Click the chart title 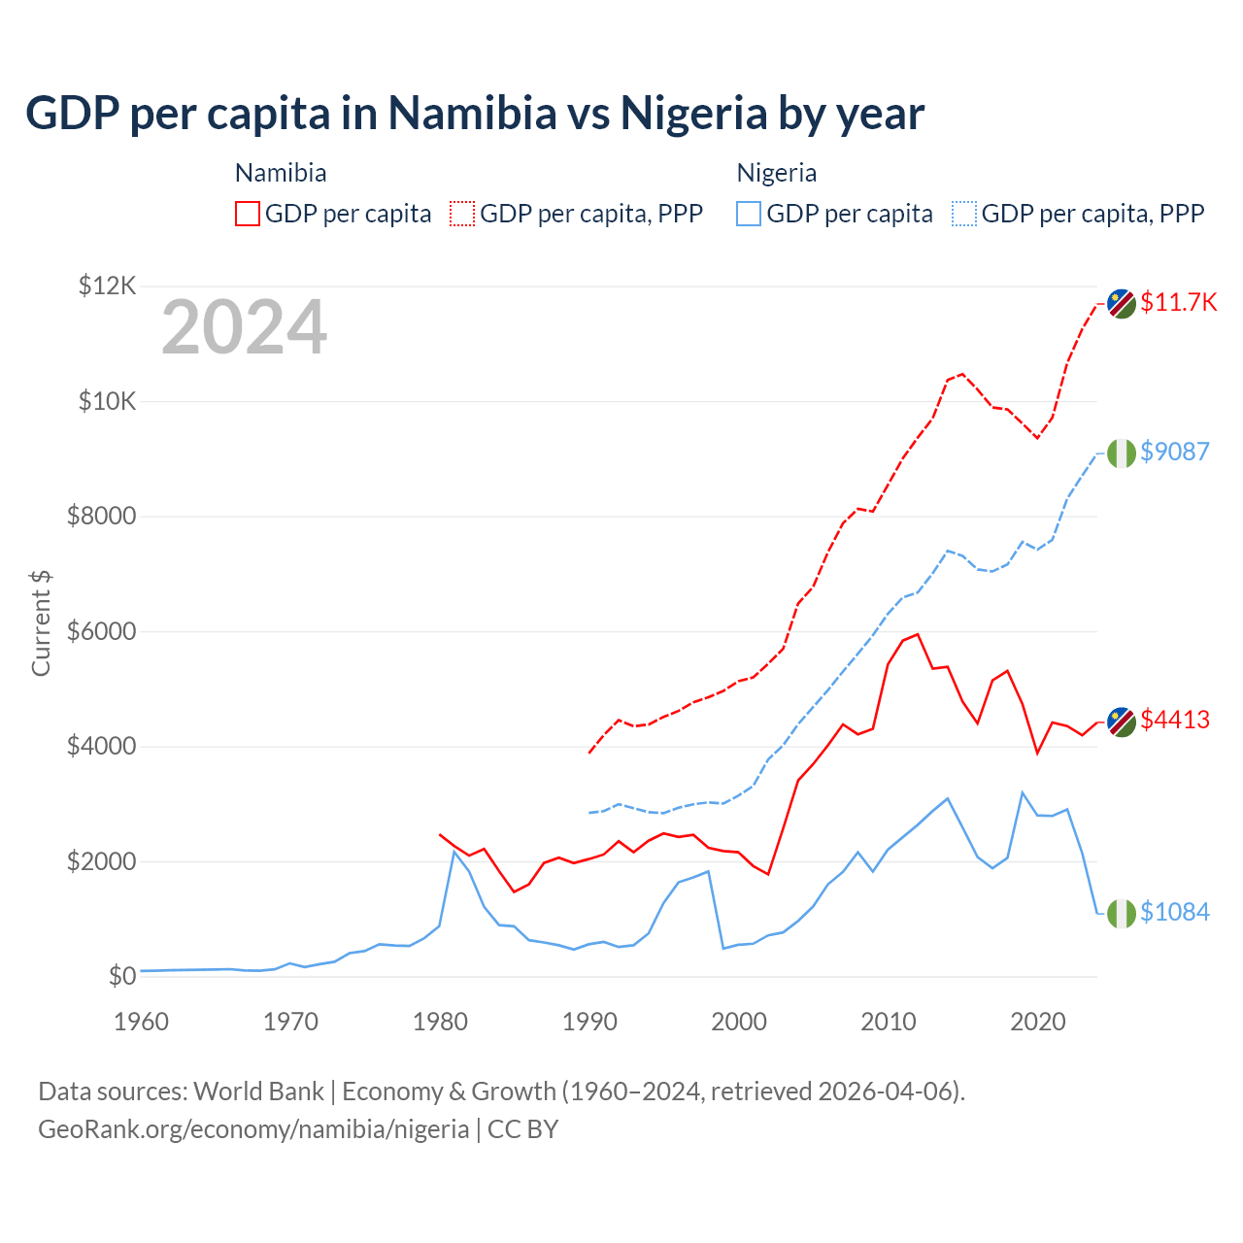(x=475, y=114)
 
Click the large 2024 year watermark (x=244, y=327)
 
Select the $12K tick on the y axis (x=108, y=286)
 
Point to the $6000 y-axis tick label (x=101, y=631)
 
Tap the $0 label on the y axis (x=122, y=976)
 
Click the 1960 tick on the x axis (x=142, y=1022)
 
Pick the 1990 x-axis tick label (x=589, y=1022)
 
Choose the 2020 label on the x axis (x=1038, y=1022)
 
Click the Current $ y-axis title (x=41, y=622)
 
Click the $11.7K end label (x=1178, y=302)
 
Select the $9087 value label (x=1175, y=452)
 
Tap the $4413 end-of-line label (x=1175, y=720)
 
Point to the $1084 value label (x=1175, y=912)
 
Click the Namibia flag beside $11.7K (x=1122, y=303)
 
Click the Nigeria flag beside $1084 (x=1122, y=913)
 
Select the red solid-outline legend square (x=248, y=214)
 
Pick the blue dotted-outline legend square (x=964, y=214)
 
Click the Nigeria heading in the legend (x=776, y=173)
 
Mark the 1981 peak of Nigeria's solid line (x=454, y=852)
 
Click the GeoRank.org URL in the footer (x=253, y=1129)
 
